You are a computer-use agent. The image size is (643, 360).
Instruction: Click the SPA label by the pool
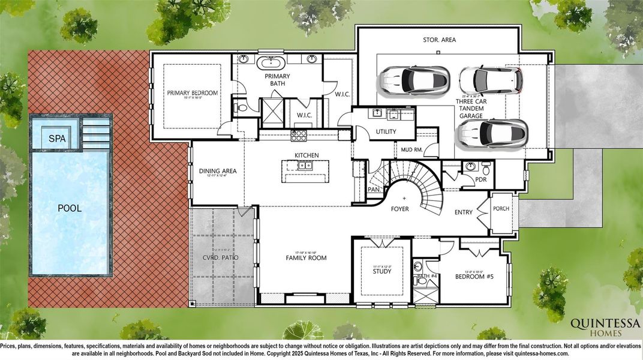(x=56, y=139)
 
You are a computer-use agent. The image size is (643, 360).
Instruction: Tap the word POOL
(x=70, y=208)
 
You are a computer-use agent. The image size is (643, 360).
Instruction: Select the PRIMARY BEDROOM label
(x=192, y=93)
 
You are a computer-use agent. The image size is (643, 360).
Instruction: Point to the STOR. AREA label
(x=439, y=40)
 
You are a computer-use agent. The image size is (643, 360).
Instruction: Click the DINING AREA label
(x=218, y=171)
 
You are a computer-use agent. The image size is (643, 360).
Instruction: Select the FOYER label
(x=400, y=209)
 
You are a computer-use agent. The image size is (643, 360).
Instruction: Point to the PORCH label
(x=501, y=209)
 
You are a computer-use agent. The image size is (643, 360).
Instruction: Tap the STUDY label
(x=382, y=271)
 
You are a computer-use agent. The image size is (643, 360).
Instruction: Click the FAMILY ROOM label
(x=306, y=257)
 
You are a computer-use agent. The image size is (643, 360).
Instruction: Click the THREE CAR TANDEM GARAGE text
(x=471, y=109)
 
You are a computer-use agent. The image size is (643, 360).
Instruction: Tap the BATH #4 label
(x=427, y=276)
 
